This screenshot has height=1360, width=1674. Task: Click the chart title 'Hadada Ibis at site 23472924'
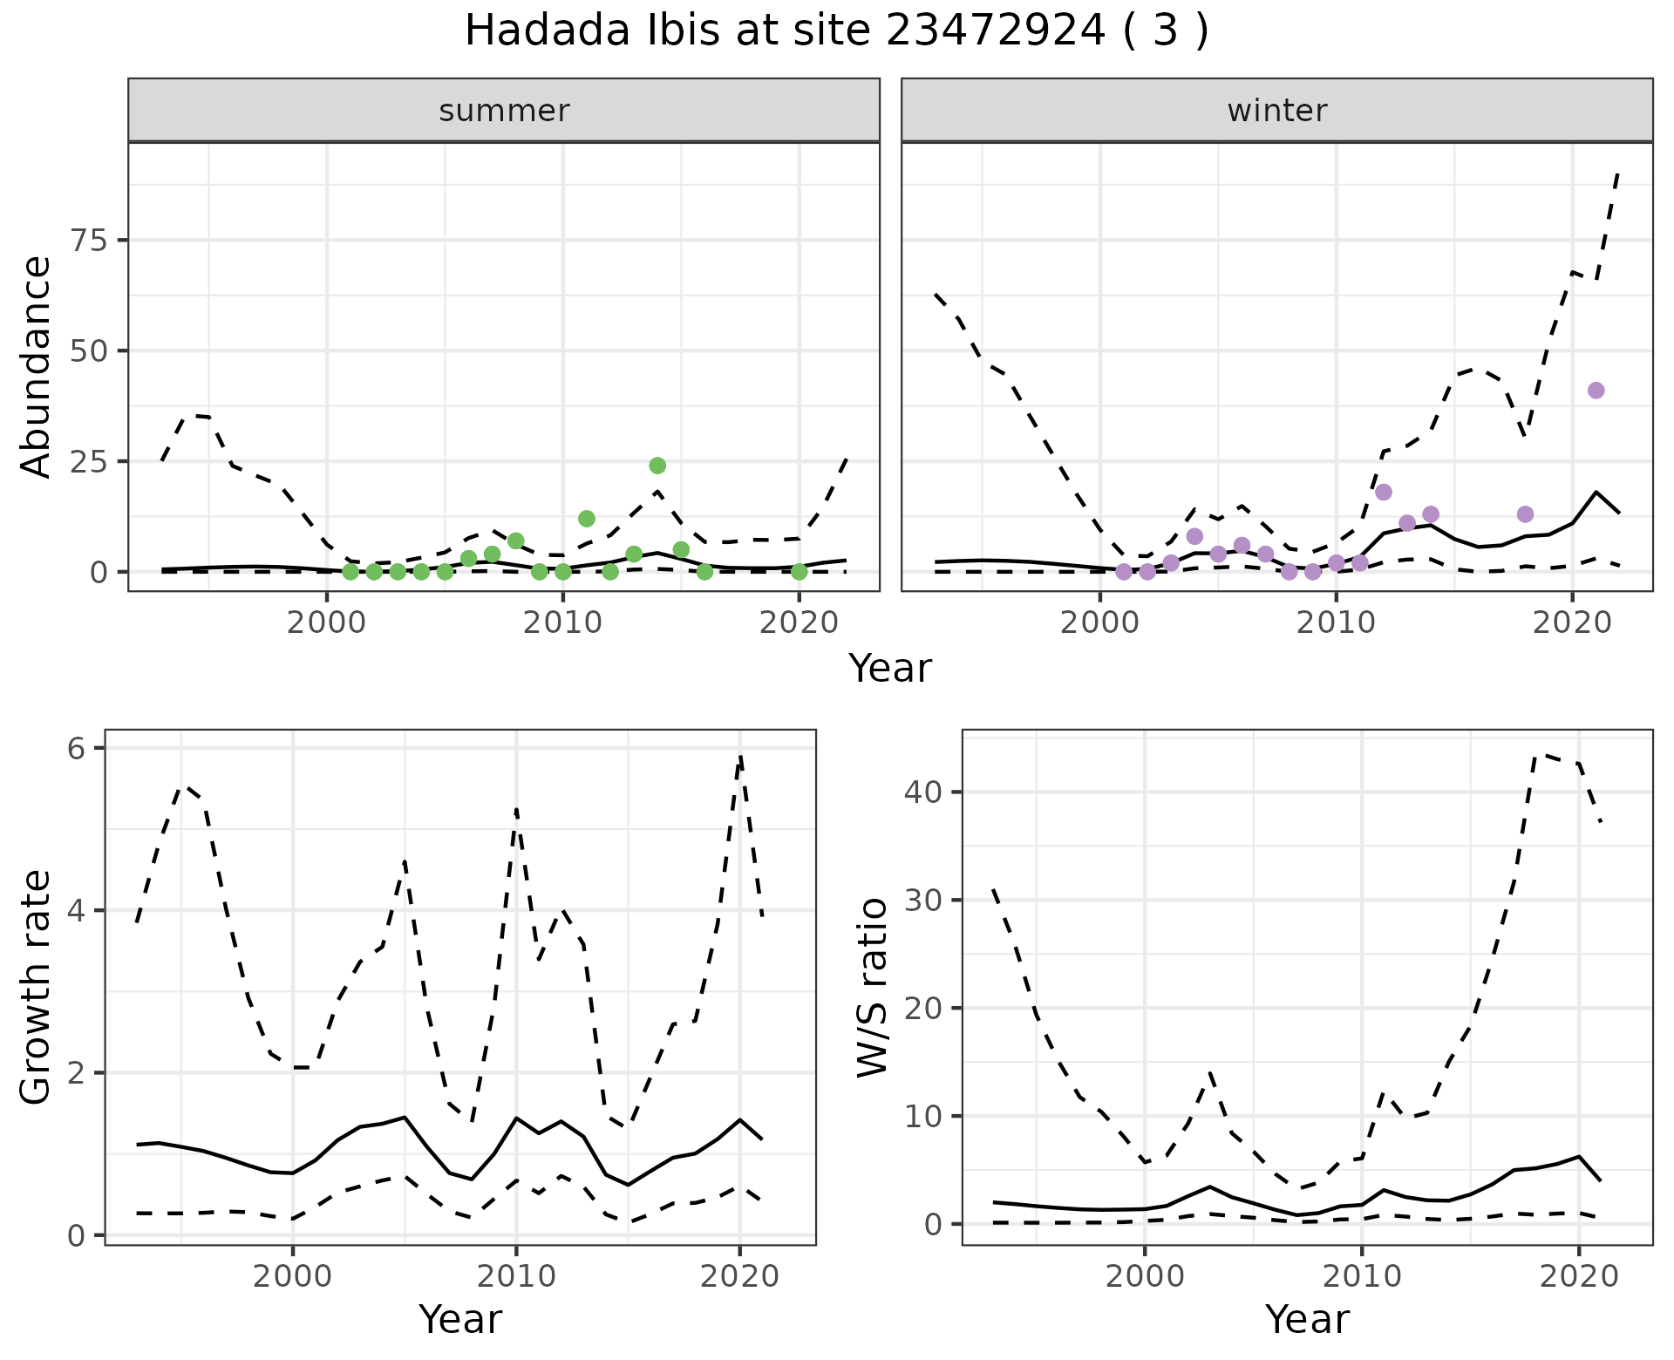point(835,31)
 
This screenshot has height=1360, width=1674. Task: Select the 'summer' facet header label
point(504,111)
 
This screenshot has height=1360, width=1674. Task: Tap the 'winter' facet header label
point(1276,111)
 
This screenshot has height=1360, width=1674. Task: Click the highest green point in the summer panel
point(657,466)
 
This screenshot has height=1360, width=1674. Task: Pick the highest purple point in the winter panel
point(1596,391)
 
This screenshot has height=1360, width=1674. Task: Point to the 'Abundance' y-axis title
point(37,366)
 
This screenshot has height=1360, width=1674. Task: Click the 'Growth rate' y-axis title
point(37,988)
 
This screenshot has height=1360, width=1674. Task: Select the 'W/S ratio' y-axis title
point(872,988)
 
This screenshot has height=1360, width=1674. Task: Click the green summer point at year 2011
point(587,519)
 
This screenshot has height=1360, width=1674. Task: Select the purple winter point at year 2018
point(1525,514)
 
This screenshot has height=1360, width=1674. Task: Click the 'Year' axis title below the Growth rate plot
point(459,1319)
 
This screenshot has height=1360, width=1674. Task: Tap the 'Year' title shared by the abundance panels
point(889,669)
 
